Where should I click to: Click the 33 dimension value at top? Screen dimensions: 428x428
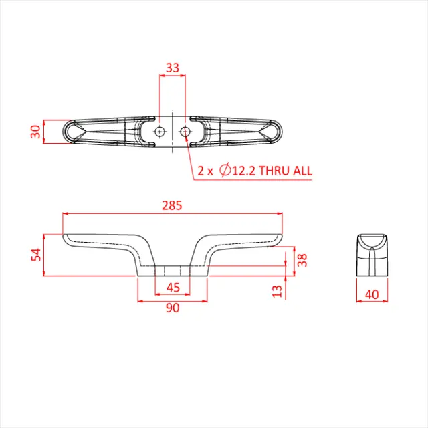tap(172, 67)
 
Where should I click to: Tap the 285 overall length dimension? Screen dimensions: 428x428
tap(172, 205)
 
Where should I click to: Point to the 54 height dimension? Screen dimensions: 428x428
tap(36, 255)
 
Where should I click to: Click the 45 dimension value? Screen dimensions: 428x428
tap(172, 288)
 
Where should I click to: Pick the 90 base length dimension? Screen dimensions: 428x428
tap(172, 308)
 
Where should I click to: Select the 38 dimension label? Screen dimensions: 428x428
tap(302, 259)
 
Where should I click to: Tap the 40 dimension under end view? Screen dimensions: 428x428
tap(372, 293)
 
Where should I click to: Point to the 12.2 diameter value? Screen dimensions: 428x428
tap(243, 171)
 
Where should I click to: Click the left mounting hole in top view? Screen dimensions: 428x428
tap(159, 131)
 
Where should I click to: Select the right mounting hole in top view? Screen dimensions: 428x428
tap(185, 131)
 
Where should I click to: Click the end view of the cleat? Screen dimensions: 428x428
tap(372, 255)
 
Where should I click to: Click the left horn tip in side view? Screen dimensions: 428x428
tap(66, 238)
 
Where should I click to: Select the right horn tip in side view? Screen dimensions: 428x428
tap(280, 238)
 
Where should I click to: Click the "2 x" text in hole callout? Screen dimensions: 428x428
tap(205, 171)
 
